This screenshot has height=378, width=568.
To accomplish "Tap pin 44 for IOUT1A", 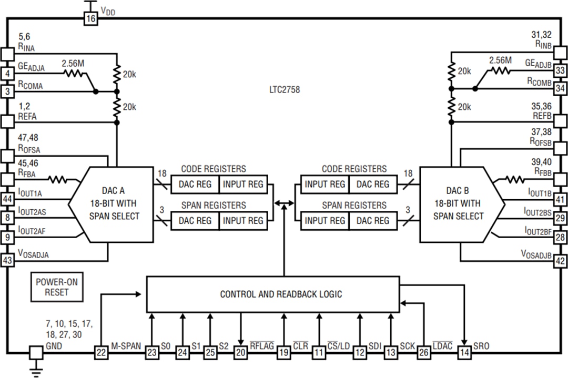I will pos(7,199).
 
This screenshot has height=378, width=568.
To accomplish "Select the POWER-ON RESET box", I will pos(56,287).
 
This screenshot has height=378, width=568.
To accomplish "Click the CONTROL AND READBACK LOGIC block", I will pos(272,294).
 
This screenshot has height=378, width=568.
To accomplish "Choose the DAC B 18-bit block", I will pos(457,205).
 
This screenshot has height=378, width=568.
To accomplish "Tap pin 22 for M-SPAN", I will pos(100,353).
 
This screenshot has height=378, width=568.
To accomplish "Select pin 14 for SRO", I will pos(464,353).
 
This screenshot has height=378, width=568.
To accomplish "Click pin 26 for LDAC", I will pos(423,353).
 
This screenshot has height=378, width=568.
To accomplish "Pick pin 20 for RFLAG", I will pos(240,353).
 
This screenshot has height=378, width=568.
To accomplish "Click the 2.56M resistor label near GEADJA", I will pos(73,64).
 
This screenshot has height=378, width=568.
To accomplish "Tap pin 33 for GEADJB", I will pos(561,71).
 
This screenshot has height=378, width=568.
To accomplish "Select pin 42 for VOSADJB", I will pos(561,260).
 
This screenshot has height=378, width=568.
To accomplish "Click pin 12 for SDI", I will pos(360,353).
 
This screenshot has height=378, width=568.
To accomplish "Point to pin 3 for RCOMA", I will pos(7,91).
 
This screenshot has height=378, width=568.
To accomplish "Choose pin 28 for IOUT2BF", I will pos(561,238).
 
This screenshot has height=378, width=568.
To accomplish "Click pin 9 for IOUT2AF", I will pos(7,238).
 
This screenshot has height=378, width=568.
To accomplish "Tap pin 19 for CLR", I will pos(284,353).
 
